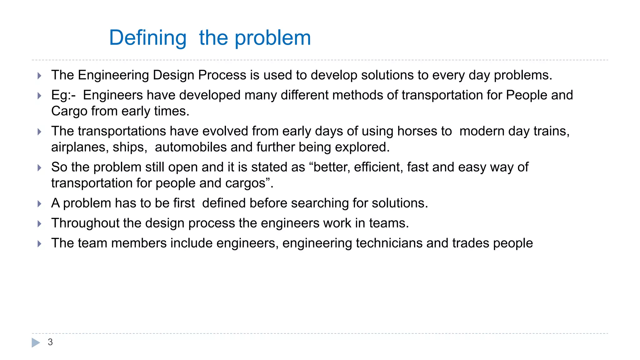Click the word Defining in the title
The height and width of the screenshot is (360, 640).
[x=147, y=38]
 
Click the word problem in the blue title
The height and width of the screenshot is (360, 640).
[x=272, y=38]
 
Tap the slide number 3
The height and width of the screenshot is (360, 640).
[x=50, y=342]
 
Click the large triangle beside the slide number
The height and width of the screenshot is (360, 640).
[x=36, y=342]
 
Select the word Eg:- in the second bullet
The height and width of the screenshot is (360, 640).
[x=63, y=95]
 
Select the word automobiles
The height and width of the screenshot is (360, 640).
[x=191, y=147]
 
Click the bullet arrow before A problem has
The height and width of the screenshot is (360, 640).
[x=39, y=204]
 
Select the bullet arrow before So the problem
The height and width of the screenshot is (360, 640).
[x=39, y=168]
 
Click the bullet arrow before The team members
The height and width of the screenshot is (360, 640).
[x=39, y=244]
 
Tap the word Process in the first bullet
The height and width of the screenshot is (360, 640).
[x=222, y=75]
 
